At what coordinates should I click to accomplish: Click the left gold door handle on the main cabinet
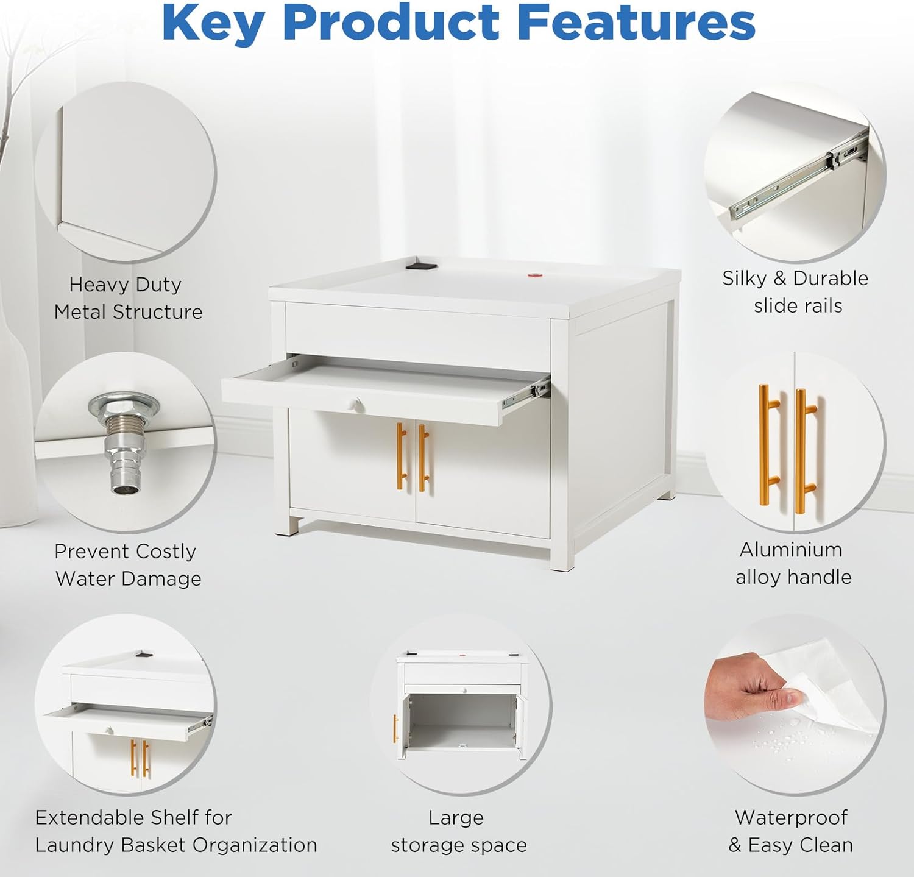(401, 456)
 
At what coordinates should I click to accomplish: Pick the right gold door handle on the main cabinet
(423, 458)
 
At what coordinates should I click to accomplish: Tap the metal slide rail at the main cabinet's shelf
(526, 393)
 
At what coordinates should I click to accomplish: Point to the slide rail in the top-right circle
(798, 177)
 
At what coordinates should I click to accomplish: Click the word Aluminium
(791, 549)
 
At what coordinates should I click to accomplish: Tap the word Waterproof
(791, 817)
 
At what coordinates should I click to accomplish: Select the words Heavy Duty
(125, 285)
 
